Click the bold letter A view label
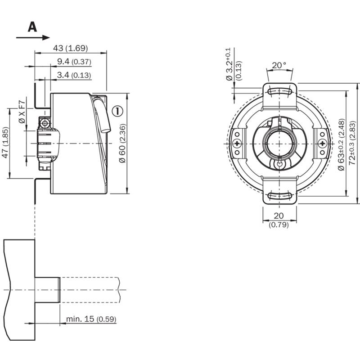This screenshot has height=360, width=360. (x=32, y=27)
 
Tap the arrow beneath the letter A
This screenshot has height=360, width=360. (x=33, y=38)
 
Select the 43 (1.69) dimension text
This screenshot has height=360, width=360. (x=71, y=48)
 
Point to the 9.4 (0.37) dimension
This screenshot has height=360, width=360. (x=74, y=62)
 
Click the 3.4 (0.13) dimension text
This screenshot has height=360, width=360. (x=74, y=75)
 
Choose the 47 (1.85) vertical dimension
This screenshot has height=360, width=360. (x=5, y=142)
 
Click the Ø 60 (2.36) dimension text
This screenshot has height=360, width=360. (x=122, y=144)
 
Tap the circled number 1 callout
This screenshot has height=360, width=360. (x=117, y=111)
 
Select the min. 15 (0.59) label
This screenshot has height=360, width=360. (x=91, y=319)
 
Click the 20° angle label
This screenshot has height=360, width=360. (x=279, y=65)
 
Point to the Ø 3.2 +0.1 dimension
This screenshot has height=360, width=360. (x=234, y=64)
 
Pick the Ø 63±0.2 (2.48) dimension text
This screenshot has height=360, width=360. (x=342, y=144)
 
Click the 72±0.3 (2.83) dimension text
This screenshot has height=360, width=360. (x=352, y=143)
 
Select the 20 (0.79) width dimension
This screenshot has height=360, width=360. (x=279, y=220)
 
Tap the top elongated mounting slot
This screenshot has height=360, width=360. (x=279, y=91)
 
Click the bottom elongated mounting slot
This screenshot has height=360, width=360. (x=279, y=196)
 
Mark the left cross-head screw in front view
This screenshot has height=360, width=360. (x=237, y=144)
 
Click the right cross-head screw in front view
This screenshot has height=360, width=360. (x=322, y=144)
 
